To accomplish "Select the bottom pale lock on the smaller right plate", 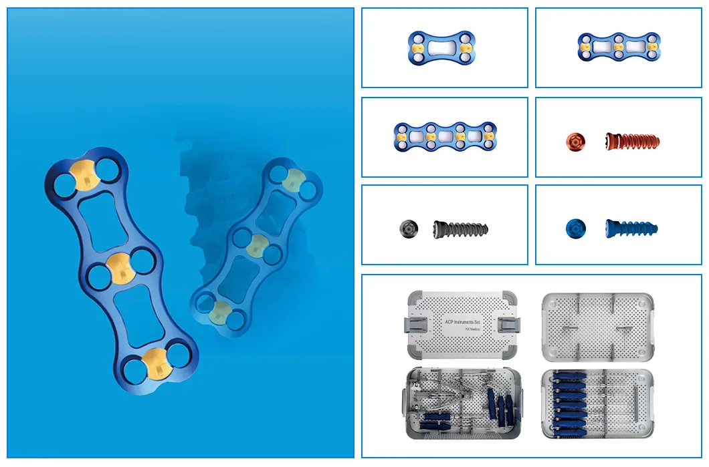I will point(221,311).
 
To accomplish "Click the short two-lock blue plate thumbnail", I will point(441,49).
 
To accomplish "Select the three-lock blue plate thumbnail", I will point(618,47).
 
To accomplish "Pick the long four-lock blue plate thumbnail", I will point(445,136).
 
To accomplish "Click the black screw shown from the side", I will point(460,228).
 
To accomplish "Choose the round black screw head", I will point(408,228).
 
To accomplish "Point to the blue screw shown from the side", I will point(631,228).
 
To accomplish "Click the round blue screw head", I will point(575,228).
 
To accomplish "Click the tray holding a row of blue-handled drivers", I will point(597,404).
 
